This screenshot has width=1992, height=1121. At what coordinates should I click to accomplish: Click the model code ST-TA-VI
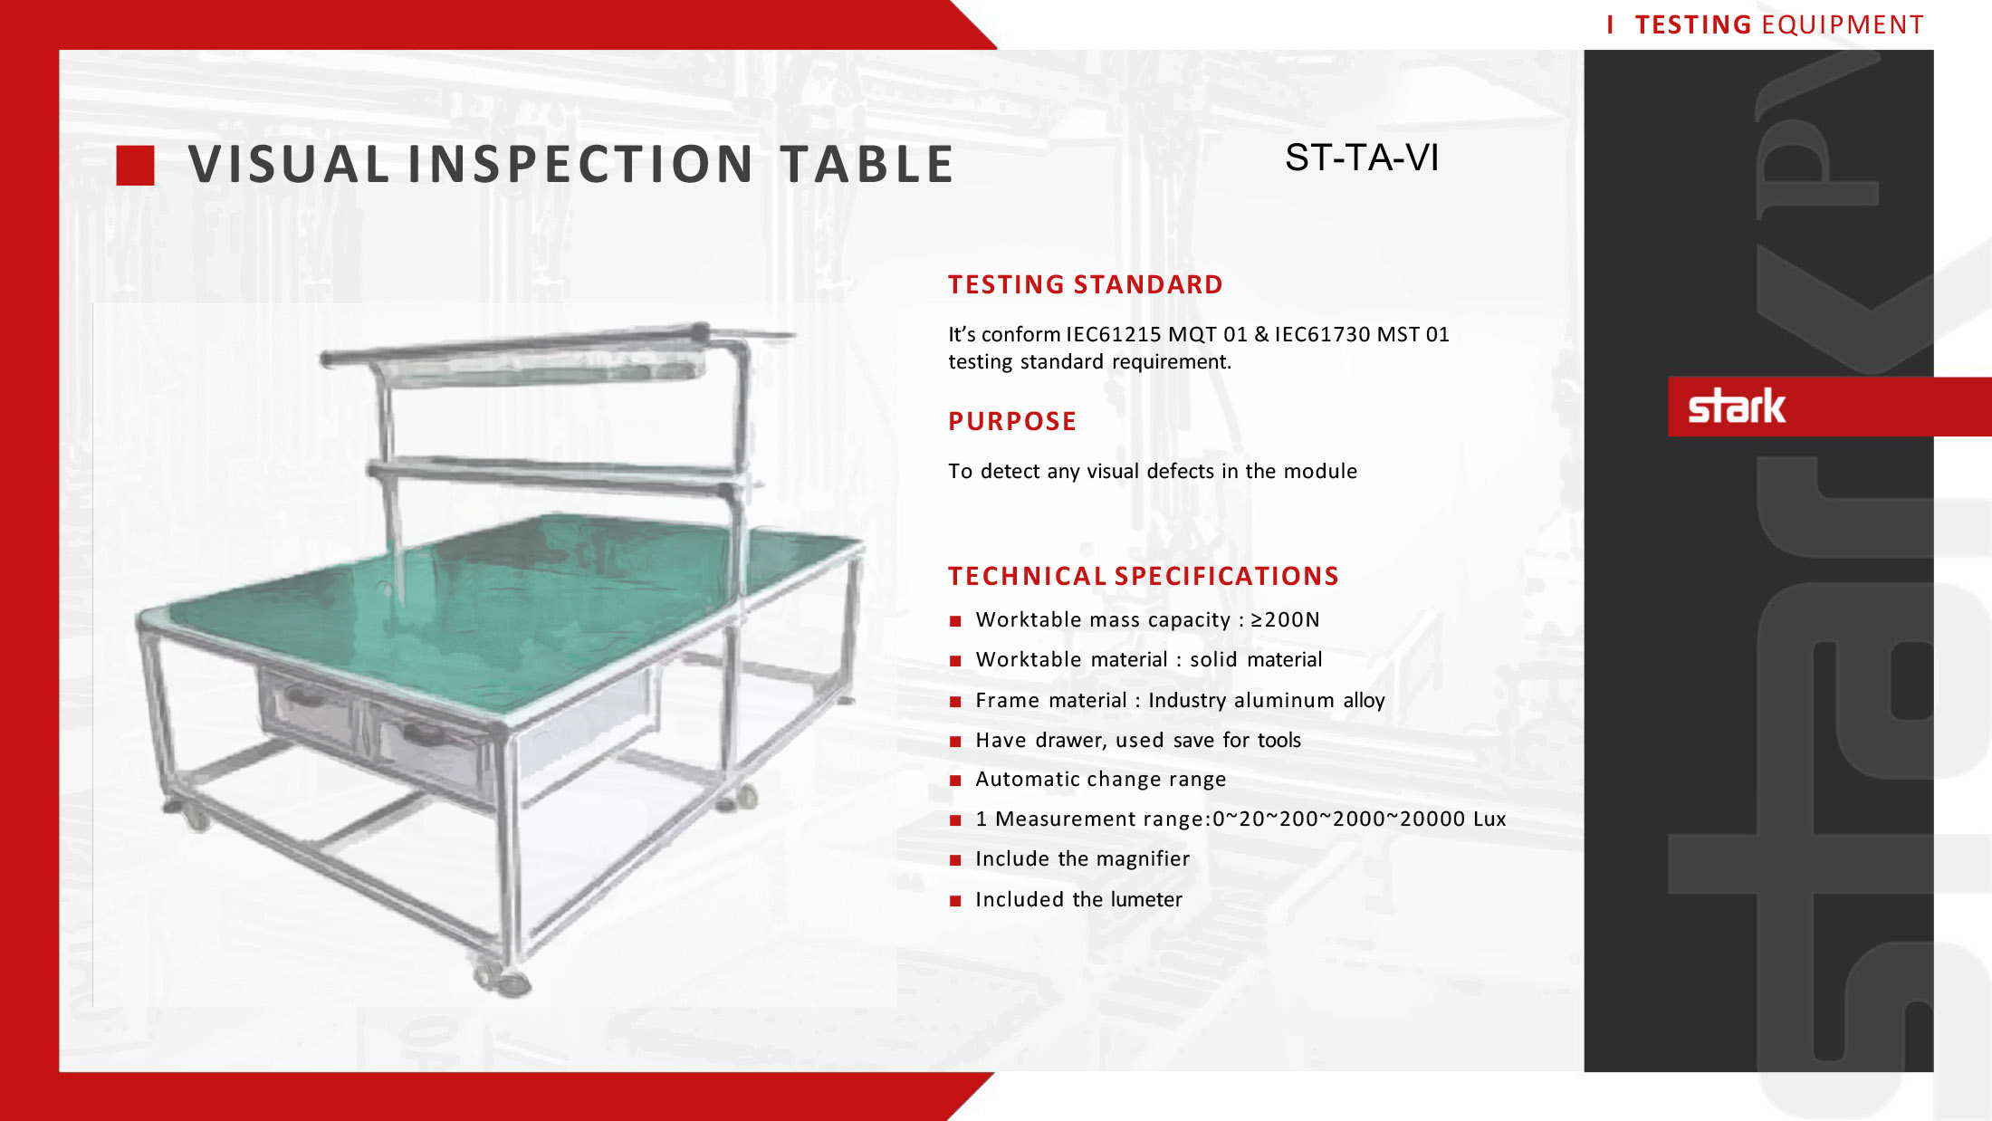(1362, 158)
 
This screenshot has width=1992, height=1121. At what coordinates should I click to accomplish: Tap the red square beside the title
(136, 166)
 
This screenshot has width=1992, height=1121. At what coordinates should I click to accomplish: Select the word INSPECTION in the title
(581, 164)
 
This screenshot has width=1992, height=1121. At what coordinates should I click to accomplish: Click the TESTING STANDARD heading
(1086, 284)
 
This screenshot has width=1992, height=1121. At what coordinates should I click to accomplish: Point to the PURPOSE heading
(1012, 421)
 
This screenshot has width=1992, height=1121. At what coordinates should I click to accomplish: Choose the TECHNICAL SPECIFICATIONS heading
(1144, 576)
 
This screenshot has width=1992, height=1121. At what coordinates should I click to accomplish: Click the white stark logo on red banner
(1737, 406)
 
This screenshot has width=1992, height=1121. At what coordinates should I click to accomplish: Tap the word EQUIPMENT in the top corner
(1843, 24)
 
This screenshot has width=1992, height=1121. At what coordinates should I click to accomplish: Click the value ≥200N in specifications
(1285, 619)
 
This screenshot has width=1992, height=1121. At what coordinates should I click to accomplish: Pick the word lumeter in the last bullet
(1146, 899)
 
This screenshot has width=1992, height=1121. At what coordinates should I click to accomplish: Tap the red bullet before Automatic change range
(954, 781)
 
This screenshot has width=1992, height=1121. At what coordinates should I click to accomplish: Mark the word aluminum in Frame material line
(1285, 700)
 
